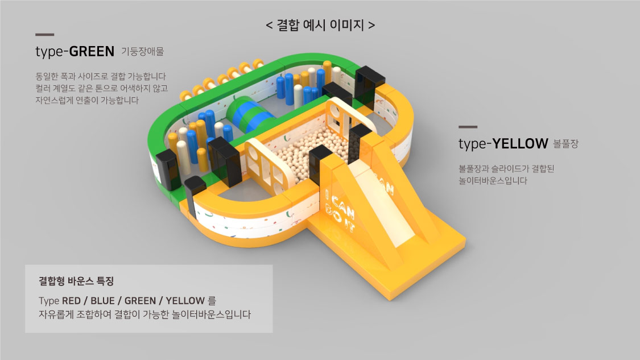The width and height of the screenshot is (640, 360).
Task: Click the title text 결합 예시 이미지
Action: [x=320, y=25]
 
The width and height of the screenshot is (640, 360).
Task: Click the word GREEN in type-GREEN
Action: [x=92, y=51]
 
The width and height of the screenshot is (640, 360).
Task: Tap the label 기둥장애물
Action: [x=142, y=51]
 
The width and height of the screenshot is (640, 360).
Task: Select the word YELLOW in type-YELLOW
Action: [x=520, y=144]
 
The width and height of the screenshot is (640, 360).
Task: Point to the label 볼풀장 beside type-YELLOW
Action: [x=565, y=144]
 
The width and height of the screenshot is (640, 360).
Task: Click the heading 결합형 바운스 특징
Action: [x=76, y=281]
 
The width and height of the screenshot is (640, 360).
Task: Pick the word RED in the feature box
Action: [x=71, y=301]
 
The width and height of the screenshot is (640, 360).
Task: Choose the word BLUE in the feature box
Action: [x=102, y=301]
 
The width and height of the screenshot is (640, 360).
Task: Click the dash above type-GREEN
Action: [x=44, y=35]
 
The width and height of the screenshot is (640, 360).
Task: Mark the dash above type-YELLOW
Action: [x=468, y=127]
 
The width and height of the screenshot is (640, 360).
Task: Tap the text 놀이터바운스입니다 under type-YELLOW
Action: [x=493, y=181]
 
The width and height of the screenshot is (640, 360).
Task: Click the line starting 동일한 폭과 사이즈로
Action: [x=101, y=76]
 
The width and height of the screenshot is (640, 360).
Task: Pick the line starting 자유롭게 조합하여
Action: [x=145, y=315]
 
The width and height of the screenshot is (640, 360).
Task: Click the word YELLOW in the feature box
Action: [x=185, y=301]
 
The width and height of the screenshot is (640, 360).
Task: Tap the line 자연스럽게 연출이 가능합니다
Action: [x=87, y=101]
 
